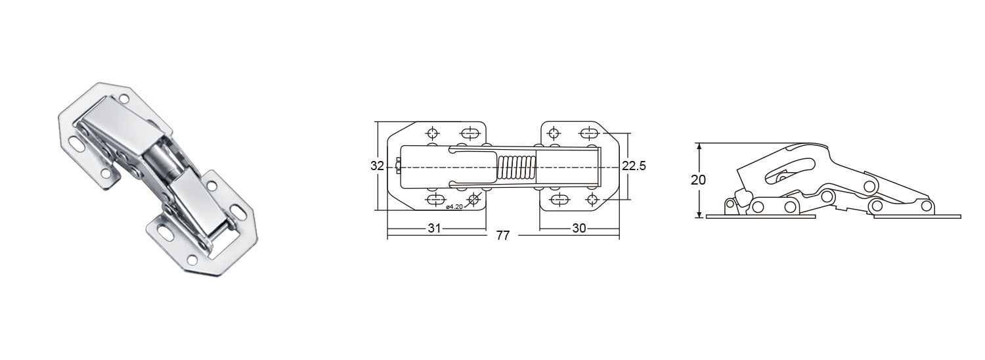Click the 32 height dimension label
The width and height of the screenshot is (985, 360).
click(376, 166)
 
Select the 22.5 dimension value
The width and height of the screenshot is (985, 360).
click(634, 166)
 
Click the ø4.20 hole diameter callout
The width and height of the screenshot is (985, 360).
click(454, 207)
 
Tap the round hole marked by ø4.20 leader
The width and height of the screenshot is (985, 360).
click(473, 199)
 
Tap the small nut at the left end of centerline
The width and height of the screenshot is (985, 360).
click(399, 167)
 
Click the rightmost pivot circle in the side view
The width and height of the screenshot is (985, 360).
click(927, 207)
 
